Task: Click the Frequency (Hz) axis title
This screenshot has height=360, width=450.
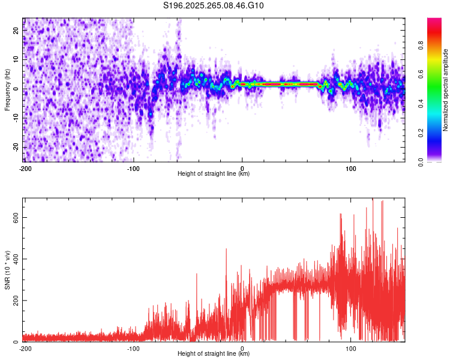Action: pos(7,90)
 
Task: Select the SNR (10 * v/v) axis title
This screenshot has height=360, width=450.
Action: pos(7,269)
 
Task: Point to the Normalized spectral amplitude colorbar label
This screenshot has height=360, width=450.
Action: pos(446,91)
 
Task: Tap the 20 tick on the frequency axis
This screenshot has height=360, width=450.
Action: pos(16,30)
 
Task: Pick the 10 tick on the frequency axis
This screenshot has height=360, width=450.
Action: pos(16,59)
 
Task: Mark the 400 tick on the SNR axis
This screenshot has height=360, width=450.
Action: pos(14,259)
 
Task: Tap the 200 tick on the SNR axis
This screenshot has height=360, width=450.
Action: pos(14,301)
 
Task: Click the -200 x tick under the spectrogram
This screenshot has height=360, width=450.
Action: pos(25,169)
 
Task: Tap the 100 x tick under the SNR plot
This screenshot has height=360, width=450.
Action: pos(351,349)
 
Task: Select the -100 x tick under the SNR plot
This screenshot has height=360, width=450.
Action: pos(133,349)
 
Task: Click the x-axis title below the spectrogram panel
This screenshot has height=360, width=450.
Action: pos(214,174)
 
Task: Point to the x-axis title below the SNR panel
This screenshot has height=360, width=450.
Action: pos(214,354)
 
